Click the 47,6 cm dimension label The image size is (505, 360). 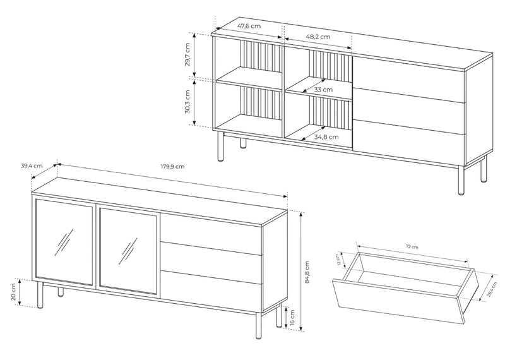click(x=249, y=26)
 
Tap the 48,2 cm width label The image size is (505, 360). click(x=318, y=37)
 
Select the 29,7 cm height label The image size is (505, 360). click(x=187, y=54)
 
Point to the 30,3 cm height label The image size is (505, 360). click(x=187, y=102)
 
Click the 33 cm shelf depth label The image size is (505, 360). click(x=323, y=90)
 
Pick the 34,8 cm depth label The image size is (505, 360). click(x=326, y=137)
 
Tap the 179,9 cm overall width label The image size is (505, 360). click(x=172, y=167)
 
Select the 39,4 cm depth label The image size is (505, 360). click(x=32, y=166)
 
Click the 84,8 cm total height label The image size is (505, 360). click(x=307, y=272)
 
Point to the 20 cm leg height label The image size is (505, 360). click(x=13, y=292)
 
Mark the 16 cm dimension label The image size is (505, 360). click(x=292, y=318)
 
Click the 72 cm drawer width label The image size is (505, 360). click(x=412, y=247)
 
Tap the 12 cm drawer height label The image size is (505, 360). click(x=338, y=260)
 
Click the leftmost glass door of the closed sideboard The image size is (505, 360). click(x=64, y=242)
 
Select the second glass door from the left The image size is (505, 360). click(x=128, y=251)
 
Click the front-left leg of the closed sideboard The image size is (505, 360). click(x=40, y=295)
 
